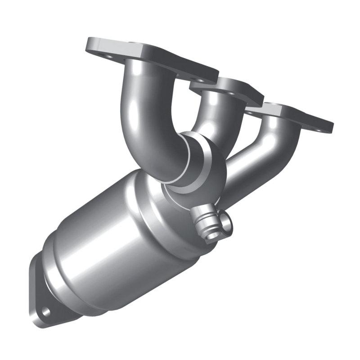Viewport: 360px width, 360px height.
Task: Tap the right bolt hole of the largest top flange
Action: click(x=198, y=79)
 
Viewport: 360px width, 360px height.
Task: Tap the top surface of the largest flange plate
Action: click(x=148, y=54)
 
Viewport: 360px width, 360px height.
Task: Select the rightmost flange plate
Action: click(x=292, y=115)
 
